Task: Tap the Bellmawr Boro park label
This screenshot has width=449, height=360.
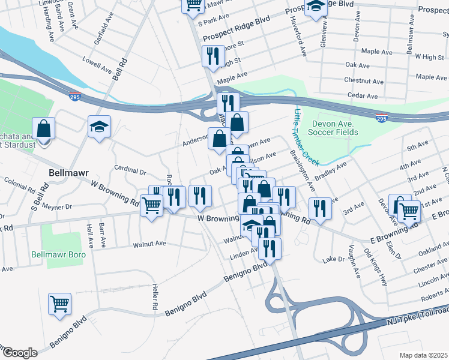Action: pos(58,254)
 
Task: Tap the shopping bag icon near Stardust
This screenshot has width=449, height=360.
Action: pos(44,128)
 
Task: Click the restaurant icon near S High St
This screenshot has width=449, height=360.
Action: pos(213,56)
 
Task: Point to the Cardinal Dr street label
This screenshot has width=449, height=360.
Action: pos(130,171)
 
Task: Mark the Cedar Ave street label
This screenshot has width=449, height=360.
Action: pos(364,96)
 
